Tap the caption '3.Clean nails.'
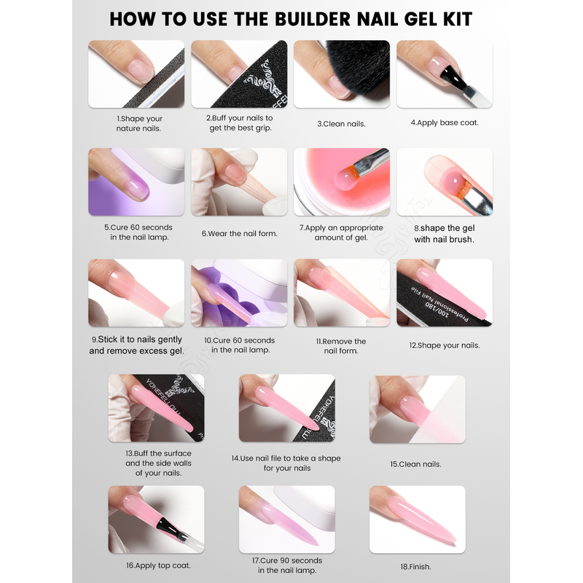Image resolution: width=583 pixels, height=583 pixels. (x=341, y=124)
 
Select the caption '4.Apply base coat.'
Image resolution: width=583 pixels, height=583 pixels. (x=445, y=122)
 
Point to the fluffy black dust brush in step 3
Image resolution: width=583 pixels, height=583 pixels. (x=357, y=67)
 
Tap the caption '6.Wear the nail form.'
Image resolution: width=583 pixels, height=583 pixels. (x=240, y=233)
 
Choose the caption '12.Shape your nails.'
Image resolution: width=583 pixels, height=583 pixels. (x=445, y=345)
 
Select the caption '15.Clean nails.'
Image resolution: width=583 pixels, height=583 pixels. (x=415, y=464)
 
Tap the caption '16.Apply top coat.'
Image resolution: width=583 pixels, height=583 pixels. (x=158, y=566)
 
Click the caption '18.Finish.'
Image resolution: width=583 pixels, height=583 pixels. (x=415, y=567)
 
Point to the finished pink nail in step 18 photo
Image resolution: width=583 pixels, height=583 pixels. (x=421, y=520)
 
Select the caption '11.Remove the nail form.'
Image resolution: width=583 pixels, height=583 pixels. (x=341, y=345)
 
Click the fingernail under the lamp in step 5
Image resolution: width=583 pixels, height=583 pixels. (x=138, y=189)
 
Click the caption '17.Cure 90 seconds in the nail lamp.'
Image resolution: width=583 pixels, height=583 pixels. (x=287, y=566)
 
